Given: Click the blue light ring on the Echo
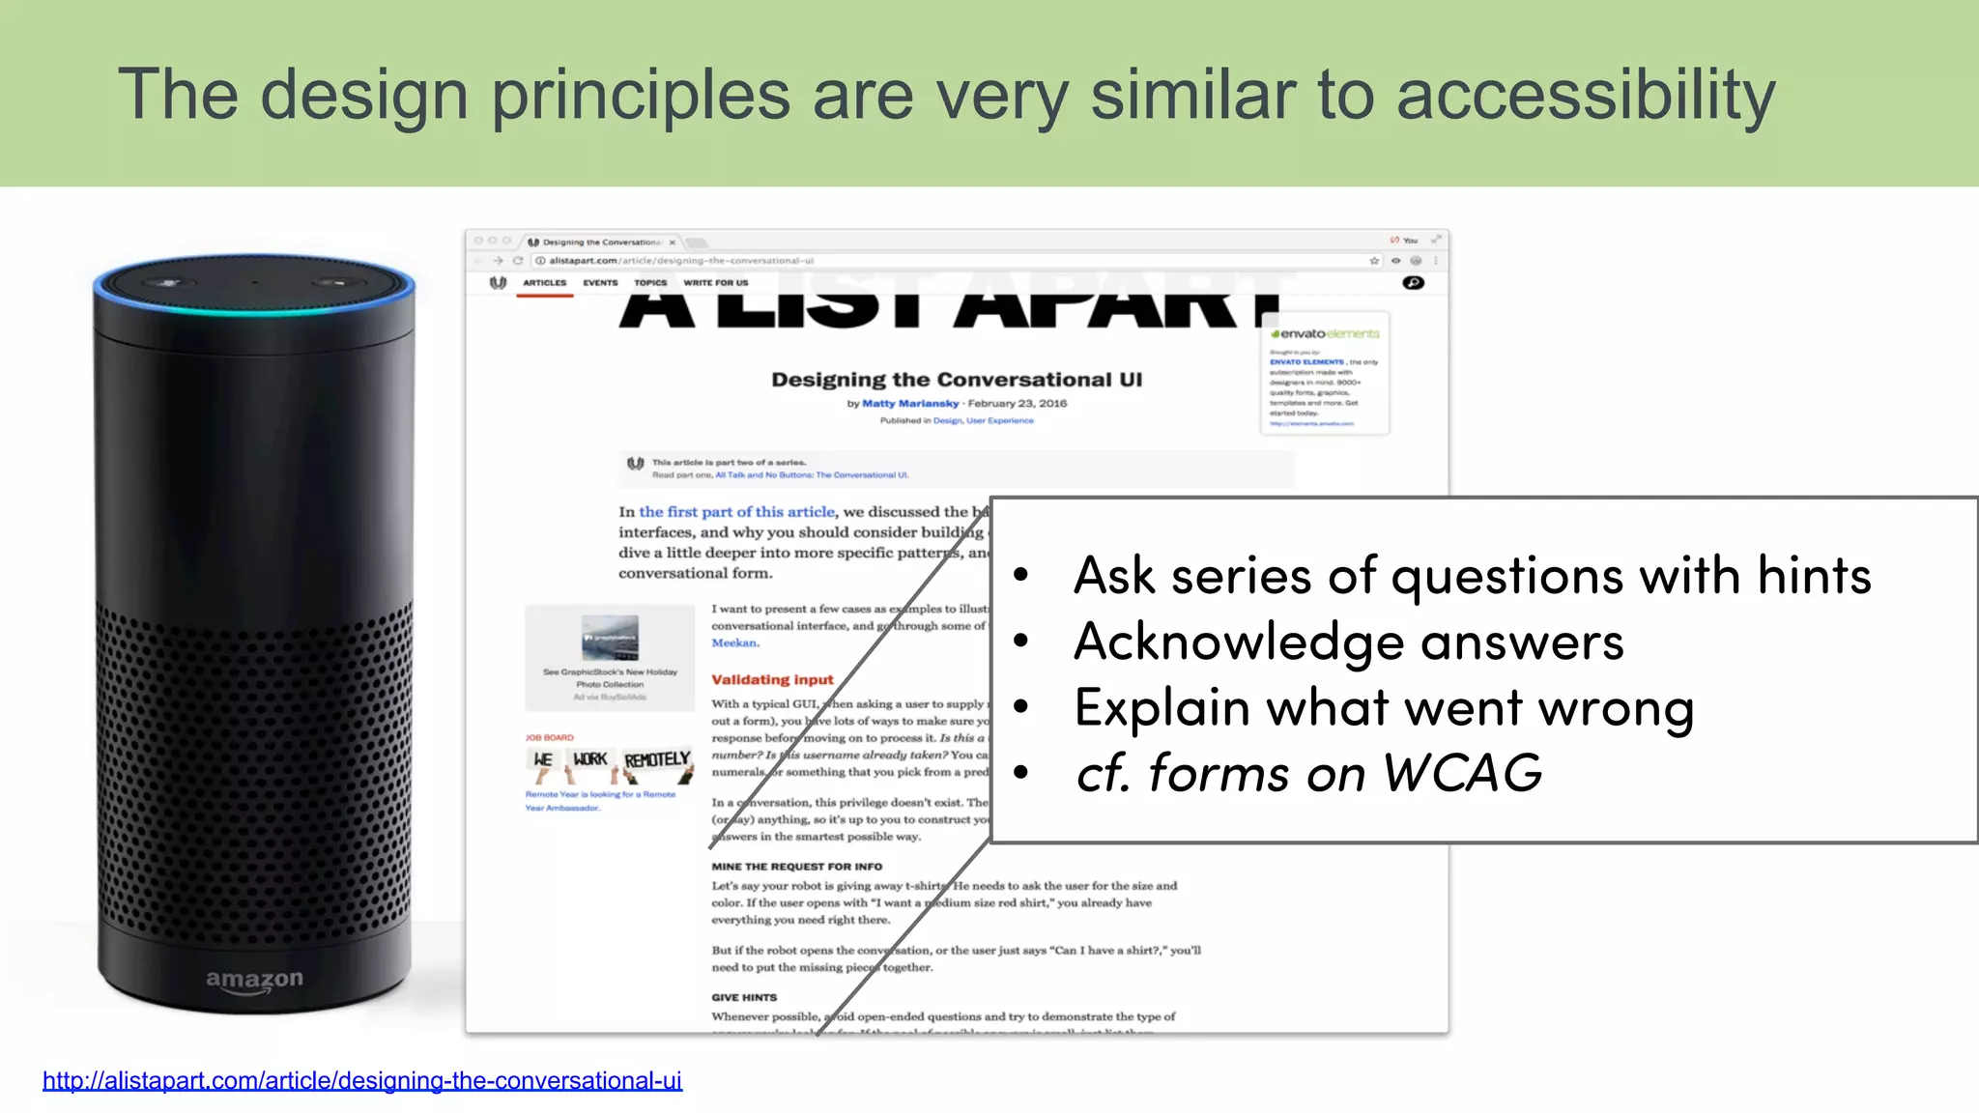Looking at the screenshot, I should point(253,307).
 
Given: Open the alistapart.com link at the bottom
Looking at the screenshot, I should point(362,1080).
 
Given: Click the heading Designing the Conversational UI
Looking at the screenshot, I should point(956,380).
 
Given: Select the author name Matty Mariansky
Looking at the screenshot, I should point(910,404).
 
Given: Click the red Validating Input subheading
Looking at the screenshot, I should point(772,680).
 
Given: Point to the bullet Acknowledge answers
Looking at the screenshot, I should point(1348,642).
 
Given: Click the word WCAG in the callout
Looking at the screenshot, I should point(1461,774).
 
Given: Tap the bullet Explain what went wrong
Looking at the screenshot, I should point(1383,708).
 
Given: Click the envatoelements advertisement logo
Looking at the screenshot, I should point(1326,333).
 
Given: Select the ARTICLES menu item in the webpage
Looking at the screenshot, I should point(544,283).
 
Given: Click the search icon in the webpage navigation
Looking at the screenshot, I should point(1413,283).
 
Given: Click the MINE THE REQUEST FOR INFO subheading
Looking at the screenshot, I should point(796,867).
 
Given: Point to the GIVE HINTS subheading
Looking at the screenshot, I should point(744,997).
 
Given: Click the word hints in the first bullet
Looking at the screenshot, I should point(1814,576).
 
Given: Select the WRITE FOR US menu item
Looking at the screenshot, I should point(715,283).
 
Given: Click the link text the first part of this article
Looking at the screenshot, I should point(736,512).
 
